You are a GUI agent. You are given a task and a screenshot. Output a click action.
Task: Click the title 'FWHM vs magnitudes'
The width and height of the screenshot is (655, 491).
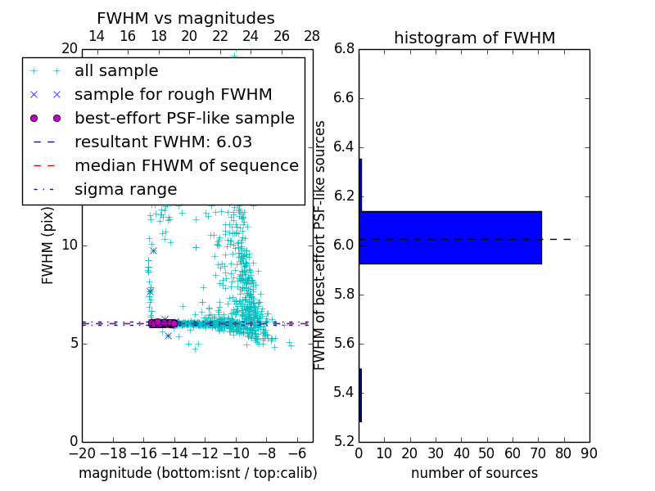click(x=186, y=18)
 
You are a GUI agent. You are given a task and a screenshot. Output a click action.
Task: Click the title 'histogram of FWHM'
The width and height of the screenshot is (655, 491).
click(x=474, y=38)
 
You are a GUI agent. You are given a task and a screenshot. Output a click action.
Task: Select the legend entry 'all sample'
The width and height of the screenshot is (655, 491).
click(x=116, y=71)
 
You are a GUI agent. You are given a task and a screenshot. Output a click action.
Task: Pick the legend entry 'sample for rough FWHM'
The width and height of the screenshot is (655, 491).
click(x=173, y=94)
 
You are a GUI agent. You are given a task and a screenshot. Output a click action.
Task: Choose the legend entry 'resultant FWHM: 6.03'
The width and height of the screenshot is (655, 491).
click(x=163, y=142)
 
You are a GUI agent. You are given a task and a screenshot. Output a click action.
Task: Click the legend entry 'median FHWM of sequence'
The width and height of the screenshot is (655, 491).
click(x=186, y=165)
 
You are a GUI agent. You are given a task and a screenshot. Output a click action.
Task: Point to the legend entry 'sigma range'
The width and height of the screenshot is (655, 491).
click(x=125, y=189)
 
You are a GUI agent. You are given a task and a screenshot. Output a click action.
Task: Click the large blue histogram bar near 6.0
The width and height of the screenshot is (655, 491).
click(x=450, y=237)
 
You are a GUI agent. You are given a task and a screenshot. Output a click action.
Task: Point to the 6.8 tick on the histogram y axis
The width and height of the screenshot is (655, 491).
click(x=344, y=49)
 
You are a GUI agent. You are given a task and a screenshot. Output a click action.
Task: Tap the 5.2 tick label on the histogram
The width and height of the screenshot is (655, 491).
click(x=344, y=442)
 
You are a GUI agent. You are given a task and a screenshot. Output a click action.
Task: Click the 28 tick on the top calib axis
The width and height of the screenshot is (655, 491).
click(x=312, y=36)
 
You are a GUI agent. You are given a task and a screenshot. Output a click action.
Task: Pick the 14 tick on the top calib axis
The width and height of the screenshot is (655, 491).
click(x=97, y=36)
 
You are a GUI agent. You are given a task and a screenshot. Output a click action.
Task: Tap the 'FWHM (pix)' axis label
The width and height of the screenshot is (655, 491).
click(x=48, y=245)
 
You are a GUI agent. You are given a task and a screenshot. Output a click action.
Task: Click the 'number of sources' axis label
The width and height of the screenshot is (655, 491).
click(x=474, y=473)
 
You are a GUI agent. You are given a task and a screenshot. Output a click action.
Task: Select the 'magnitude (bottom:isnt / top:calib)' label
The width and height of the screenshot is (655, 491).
click(x=197, y=473)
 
